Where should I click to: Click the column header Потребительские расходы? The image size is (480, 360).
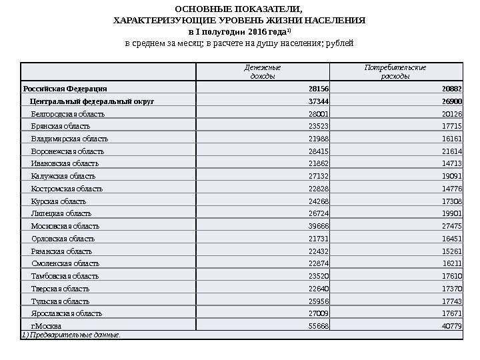[x=395, y=71]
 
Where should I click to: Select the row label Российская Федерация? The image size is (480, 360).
[x=64, y=89]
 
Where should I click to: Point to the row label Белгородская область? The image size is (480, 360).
[x=68, y=114]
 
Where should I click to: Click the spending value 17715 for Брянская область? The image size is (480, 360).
[x=452, y=126]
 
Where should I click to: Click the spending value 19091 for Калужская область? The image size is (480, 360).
[x=452, y=176]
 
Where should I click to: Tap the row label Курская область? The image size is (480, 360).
[x=59, y=201]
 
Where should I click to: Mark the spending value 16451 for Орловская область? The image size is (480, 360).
[x=452, y=239]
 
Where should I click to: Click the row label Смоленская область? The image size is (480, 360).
[x=65, y=263]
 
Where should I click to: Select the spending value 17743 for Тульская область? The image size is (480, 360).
[x=452, y=301]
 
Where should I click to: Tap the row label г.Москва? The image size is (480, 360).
[x=47, y=326]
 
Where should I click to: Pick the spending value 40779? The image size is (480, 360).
[x=452, y=326]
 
